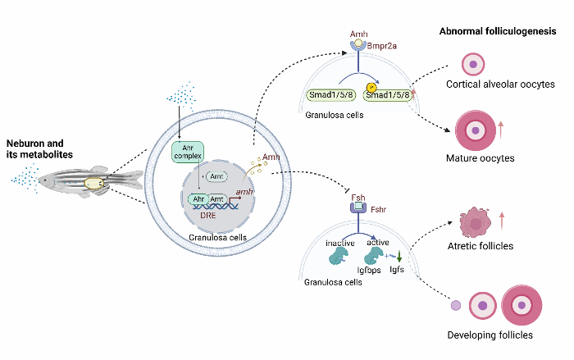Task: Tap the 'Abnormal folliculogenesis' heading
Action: click(x=497, y=31)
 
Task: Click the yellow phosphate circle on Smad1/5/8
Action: click(x=371, y=87)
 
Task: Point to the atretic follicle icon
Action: click(x=475, y=221)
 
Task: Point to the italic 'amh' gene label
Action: click(x=244, y=190)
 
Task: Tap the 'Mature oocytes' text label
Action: click(x=481, y=157)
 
